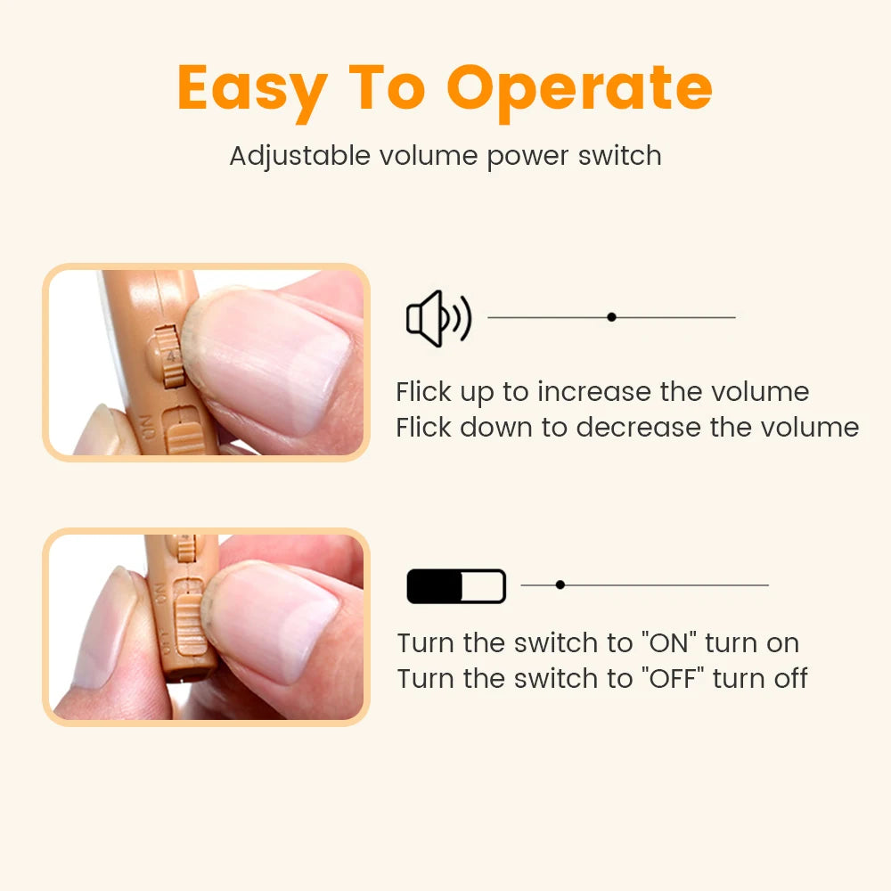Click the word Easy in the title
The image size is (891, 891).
[x=251, y=89]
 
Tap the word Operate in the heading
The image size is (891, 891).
[x=579, y=87]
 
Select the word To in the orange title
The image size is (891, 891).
[x=389, y=87]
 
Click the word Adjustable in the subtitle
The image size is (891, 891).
[x=299, y=156]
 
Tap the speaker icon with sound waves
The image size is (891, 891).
[x=437, y=318]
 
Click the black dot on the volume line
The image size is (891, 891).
[x=611, y=317]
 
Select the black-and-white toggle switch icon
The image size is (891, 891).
[x=456, y=586]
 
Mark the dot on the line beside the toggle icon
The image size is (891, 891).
[x=560, y=585]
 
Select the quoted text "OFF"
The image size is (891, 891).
[x=670, y=678]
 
